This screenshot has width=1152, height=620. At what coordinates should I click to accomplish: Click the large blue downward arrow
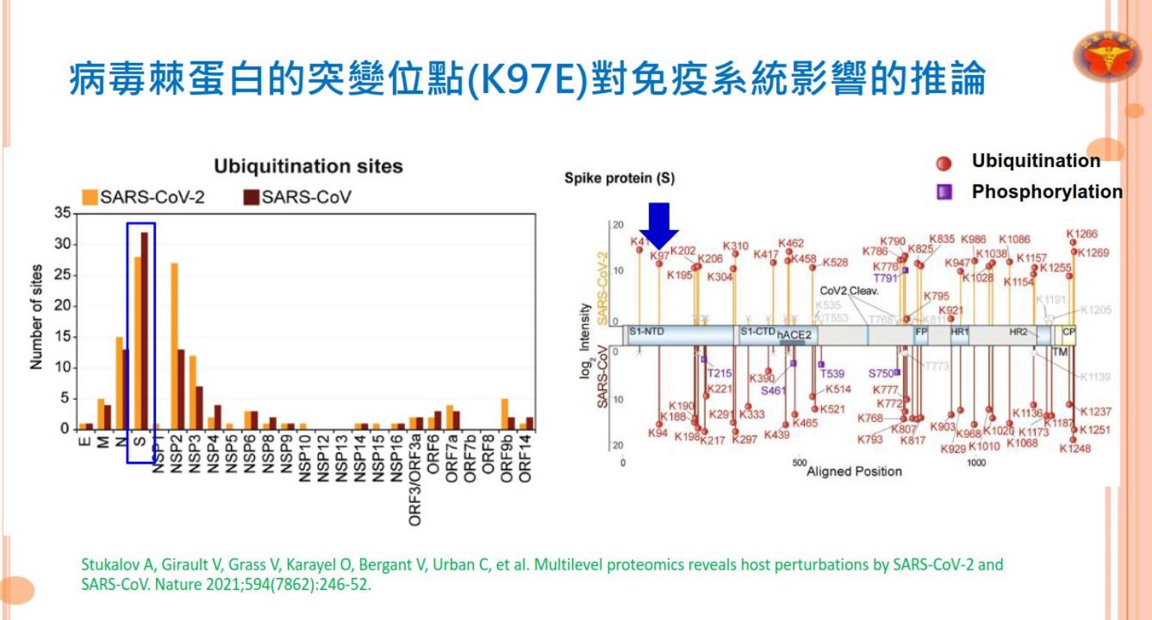click(x=658, y=224)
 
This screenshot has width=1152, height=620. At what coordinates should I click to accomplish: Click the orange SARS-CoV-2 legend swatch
click(x=90, y=197)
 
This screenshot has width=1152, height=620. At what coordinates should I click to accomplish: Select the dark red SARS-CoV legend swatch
click(x=251, y=197)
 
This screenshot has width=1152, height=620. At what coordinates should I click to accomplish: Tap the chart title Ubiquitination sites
click(x=308, y=166)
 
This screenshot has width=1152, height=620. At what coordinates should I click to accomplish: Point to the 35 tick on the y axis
click(x=62, y=213)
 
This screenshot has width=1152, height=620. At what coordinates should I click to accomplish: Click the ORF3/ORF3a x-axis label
click(x=415, y=480)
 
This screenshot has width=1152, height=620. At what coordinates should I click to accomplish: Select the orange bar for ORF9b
click(x=505, y=413)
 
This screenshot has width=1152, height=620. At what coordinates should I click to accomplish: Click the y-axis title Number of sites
click(x=36, y=317)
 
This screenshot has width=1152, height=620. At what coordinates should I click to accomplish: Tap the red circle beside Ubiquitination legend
click(x=943, y=163)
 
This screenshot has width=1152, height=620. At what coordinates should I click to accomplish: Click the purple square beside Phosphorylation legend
click(x=944, y=192)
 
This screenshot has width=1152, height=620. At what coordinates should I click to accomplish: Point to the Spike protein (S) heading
click(x=619, y=178)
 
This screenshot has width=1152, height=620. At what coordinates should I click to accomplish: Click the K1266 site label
click(x=1081, y=234)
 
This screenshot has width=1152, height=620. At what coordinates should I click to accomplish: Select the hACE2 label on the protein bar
click(x=793, y=335)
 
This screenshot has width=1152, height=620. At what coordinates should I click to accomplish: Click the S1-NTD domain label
click(x=646, y=331)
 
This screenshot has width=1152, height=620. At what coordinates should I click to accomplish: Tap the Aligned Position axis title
click(x=853, y=472)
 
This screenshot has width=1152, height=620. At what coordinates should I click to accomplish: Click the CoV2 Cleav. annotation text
click(x=848, y=291)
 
